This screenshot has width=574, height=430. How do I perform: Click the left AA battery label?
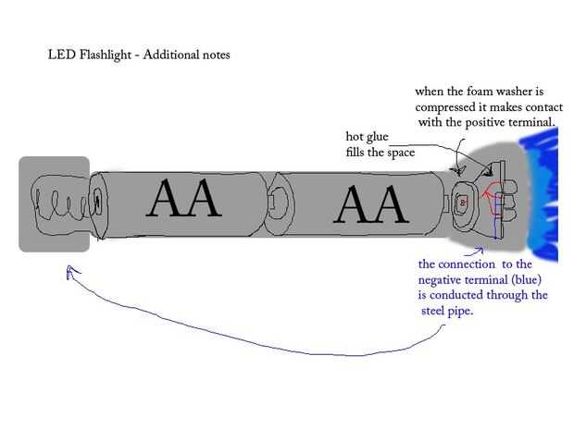[x=185, y=198]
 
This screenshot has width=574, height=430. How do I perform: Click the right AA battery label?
[x=369, y=204]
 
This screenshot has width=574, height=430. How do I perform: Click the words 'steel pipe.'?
[x=454, y=310]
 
